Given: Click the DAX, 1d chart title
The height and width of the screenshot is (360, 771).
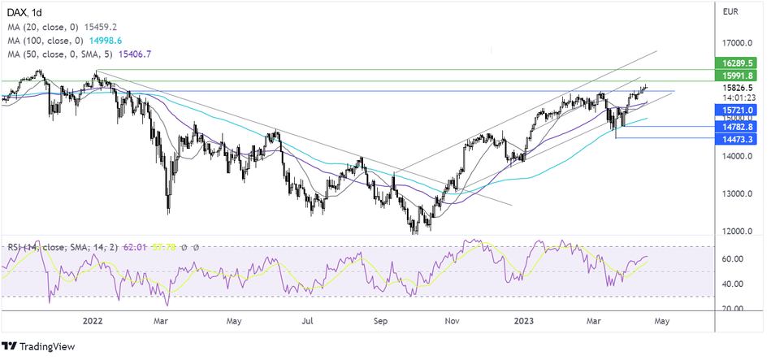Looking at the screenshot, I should [27, 11].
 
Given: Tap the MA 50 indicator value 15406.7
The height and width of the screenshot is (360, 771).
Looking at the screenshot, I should [135, 54].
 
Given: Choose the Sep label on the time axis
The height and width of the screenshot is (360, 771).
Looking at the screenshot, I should [382, 321].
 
